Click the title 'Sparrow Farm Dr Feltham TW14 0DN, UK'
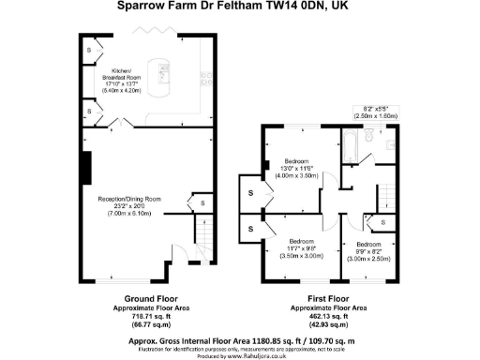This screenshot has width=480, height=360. pos(240,7)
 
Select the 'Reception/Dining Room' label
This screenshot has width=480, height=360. pos(130,205)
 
